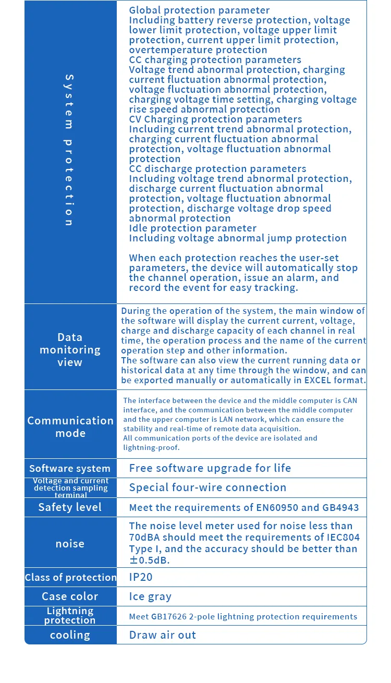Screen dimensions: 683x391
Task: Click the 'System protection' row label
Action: (69, 150)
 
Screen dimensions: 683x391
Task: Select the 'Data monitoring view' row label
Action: (70, 350)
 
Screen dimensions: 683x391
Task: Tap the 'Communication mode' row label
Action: (70, 427)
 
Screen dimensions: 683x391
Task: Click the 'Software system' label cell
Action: (70, 469)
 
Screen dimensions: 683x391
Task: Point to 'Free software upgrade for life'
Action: (210, 468)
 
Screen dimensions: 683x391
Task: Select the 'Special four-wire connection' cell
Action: (207, 487)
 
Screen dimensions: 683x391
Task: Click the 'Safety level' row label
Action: (70, 507)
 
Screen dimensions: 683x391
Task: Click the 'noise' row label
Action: (70, 544)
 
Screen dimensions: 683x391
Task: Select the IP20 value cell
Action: (141, 577)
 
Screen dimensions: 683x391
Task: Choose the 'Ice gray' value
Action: (150, 596)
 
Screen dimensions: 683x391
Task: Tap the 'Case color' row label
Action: (70, 596)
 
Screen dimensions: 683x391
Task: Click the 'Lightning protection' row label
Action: (70, 616)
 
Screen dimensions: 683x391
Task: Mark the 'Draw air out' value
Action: (163, 635)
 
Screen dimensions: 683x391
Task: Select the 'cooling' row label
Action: (70, 635)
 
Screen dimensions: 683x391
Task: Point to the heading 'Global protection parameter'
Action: (199, 10)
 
